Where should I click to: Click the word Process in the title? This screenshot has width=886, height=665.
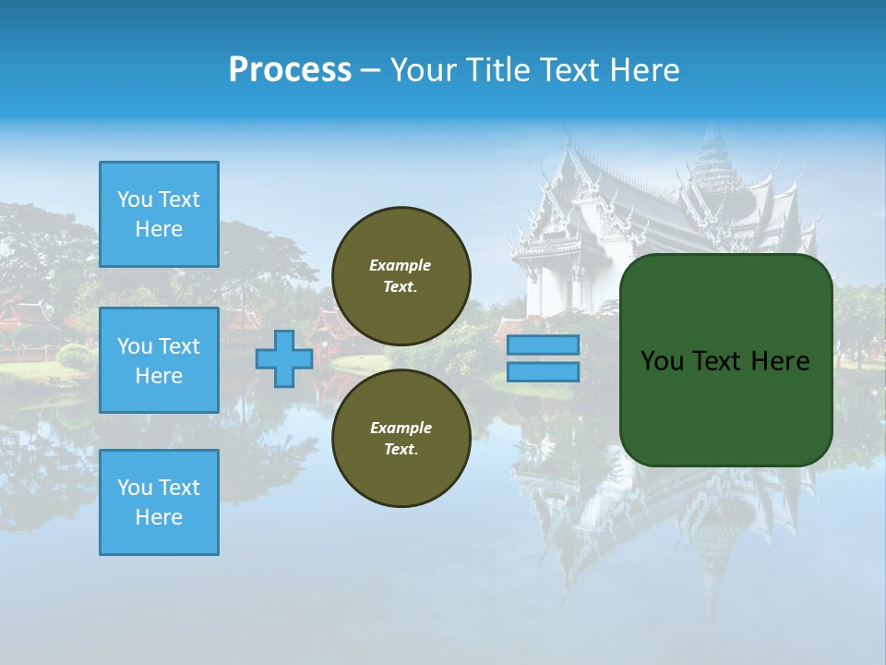(x=290, y=70)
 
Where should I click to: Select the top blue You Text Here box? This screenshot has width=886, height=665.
(x=159, y=214)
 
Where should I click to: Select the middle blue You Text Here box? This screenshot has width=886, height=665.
(x=159, y=360)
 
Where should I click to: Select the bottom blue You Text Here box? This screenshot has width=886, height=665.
(x=159, y=502)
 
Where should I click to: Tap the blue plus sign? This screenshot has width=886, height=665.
(x=284, y=358)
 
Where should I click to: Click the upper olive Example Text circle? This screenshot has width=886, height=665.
(x=401, y=276)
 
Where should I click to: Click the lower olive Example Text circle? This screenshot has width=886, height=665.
(x=401, y=439)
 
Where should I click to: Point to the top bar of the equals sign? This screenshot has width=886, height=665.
(x=544, y=345)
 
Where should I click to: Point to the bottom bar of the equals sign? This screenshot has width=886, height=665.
(x=544, y=371)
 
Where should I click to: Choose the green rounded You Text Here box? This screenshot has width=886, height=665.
(x=725, y=360)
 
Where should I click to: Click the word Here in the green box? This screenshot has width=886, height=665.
(x=781, y=361)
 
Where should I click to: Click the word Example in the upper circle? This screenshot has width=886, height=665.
(x=401, y=266)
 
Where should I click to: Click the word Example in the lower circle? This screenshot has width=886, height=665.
(x=401, y=429)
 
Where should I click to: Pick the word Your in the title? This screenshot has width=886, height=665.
(x=420, y=70)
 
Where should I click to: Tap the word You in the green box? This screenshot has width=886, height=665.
(x=661, y=361)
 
